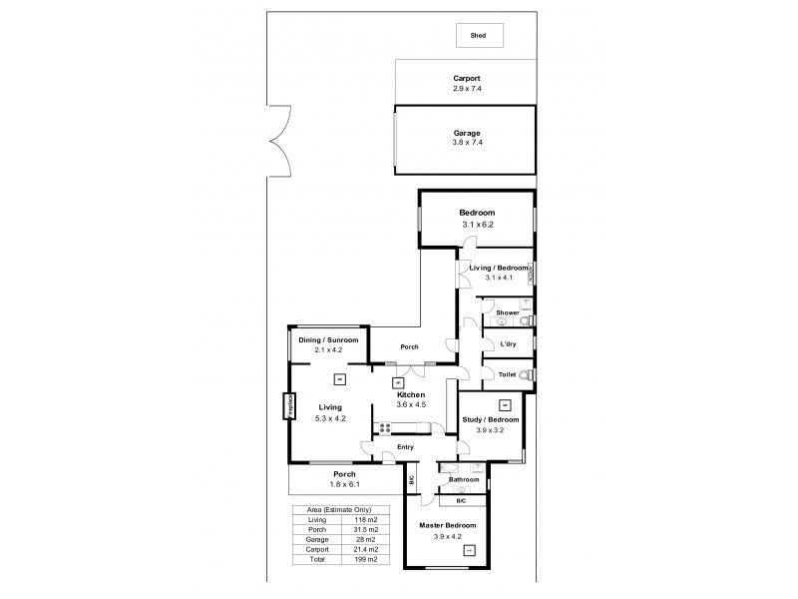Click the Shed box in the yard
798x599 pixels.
(x=480, y=36)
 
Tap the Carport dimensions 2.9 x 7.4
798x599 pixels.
(x=467, y=88)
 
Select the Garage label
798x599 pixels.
(x=467, y=133)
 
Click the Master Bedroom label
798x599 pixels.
(x=448, y=525)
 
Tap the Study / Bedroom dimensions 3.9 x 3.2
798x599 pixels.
(x=490, y=430)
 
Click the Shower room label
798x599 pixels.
(x=507, y=313)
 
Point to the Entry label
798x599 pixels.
(x=406, y=447)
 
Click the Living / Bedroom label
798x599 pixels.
(x=496, y=268)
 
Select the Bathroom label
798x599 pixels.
(x=464, y=480)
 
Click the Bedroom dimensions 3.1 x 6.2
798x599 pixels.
(x=477, y=225)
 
